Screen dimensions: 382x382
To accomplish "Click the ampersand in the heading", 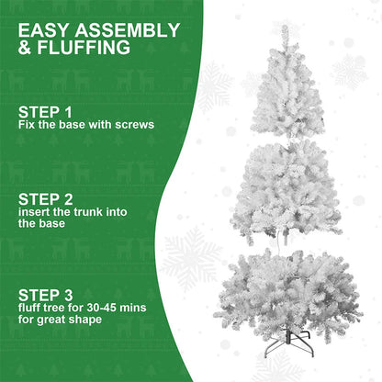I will (25, 47).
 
